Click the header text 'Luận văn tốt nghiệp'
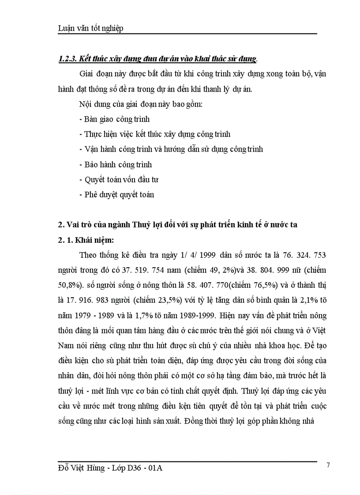(x=90, y=28)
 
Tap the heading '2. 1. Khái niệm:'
(x=86, y=240)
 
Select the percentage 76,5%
(x=251, y=285)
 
